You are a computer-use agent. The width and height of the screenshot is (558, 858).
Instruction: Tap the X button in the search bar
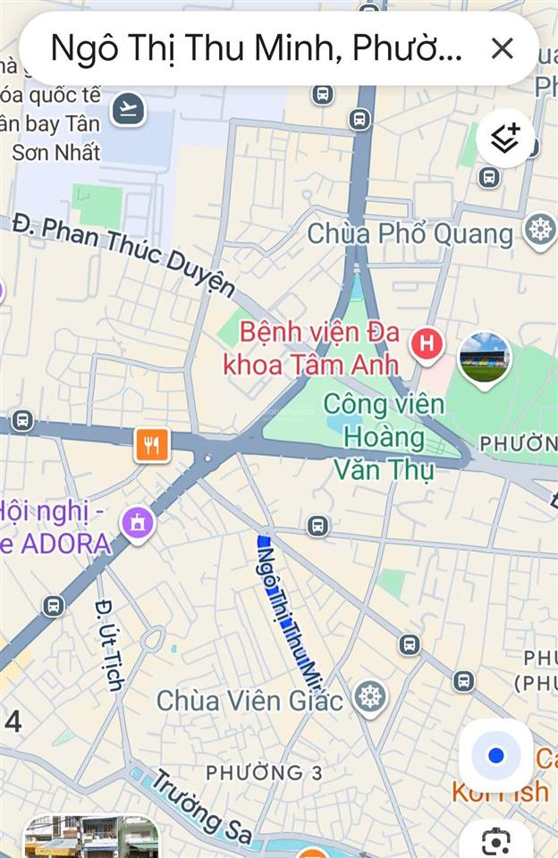[502, 48]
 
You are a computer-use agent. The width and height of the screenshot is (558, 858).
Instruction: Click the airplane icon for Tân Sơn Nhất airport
[129, 110]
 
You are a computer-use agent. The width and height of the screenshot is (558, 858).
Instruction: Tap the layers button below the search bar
[505, 138]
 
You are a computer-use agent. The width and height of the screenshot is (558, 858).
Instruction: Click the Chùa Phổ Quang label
[410, 234]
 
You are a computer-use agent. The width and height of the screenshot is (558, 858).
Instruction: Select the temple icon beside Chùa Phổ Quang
[540, 229]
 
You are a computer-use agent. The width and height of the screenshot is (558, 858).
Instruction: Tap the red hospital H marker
[427, 342]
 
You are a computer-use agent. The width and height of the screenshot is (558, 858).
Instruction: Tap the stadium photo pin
[485, 357]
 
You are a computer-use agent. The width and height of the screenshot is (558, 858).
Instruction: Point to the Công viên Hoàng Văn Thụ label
[383, 436]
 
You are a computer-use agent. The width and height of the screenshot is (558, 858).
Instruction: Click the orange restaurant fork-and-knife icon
[152, 444]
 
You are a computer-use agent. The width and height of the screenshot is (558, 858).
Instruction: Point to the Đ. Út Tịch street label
[108, 643]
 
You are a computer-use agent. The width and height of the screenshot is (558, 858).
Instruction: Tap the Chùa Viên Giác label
[249, 701]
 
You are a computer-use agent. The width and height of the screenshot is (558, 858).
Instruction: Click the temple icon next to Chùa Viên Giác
[369, 697]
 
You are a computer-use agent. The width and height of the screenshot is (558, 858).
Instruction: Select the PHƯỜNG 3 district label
[264, 772]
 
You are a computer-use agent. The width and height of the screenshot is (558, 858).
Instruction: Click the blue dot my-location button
[495, 756]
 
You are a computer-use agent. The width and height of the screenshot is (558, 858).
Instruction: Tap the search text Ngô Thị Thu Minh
[256, 48]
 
